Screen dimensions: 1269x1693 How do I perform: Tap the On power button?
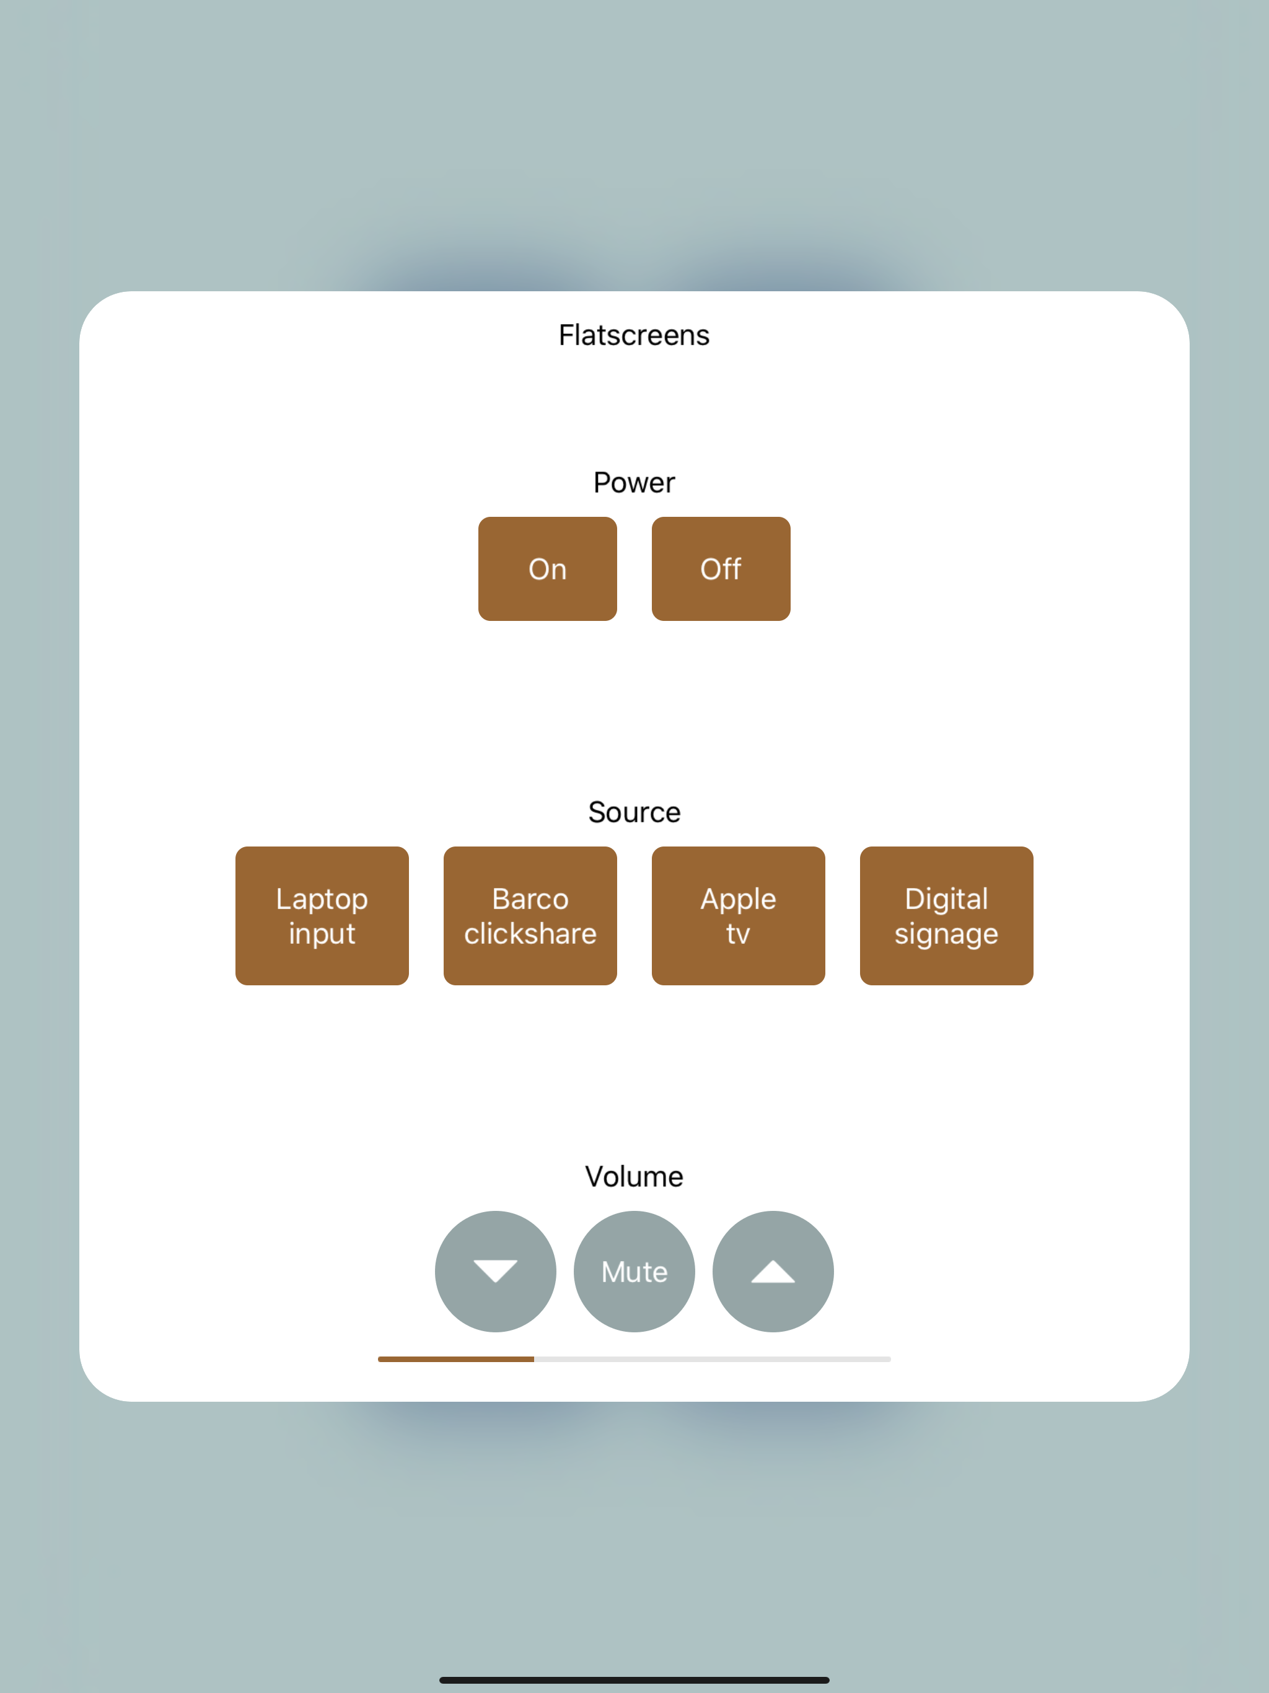[x=547, y=569]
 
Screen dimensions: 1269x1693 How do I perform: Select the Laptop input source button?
[x=322, y=915]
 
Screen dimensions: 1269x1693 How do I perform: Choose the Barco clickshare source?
[x=530, y=915]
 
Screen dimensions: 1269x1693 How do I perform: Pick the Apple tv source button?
[x=739, y=915]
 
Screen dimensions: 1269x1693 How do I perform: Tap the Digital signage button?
[x=947, y=915]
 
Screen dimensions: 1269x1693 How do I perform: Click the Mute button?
[x=634, y=1271]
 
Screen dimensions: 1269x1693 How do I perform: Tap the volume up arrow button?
[x=773, y=1271]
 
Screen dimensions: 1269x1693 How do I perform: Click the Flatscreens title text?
[x=634, y=335]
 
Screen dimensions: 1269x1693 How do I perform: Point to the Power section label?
[x=634, y=483]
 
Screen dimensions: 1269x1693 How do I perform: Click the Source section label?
[x=634, y=812]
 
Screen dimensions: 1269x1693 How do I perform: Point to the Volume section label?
[x=634, y=1176]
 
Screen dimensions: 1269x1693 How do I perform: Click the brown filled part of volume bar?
[x=456, y=1360]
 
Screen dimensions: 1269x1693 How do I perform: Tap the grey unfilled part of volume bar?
[x=713, y=1360]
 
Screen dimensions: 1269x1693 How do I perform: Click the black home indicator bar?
[x=634, y=1680]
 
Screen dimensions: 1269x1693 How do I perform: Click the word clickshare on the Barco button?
[x=530, y=934]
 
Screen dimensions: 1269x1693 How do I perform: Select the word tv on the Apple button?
[x=739, y=934]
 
